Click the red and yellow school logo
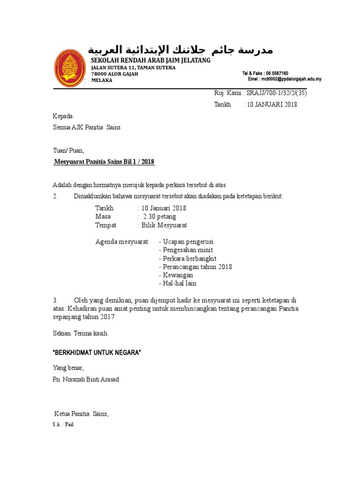pyautogui.click(x=69, y=67)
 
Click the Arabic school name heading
pyautogui.click(x=180, y=49)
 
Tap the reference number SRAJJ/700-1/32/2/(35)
pyautogui.click(x=274, y=93)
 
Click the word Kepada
pyautogui.click(x=63, y=116)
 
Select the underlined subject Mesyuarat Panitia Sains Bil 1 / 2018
pyautogui.click(x=104, y=162)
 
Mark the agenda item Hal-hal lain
pyautogui.click(x=178, y=284)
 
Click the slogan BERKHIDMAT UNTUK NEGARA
pyautogui.click(x=97, y=352)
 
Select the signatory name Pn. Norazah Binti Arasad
pyautogui.click(x=86, y=379)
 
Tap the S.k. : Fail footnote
pyautogui.click(x=63, y=425)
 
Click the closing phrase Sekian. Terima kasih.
pyautogui.click(x=80, y=333)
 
